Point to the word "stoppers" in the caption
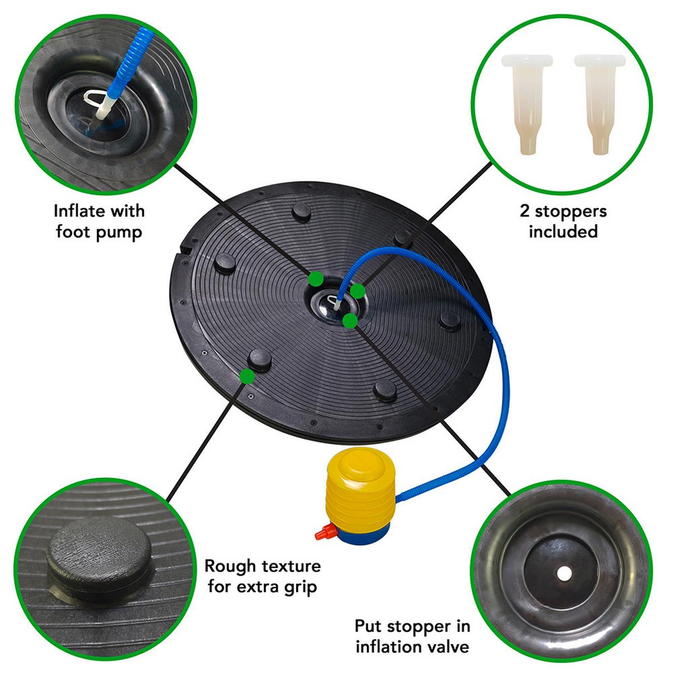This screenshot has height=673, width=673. click(x=571, y=212)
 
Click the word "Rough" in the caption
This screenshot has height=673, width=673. click(x=229, y=566)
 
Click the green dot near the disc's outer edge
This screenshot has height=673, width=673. click(x=245, y=375)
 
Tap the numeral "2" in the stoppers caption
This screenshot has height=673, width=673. click(x=524, y=211)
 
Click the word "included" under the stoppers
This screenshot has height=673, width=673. click(x=563, y=231)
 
